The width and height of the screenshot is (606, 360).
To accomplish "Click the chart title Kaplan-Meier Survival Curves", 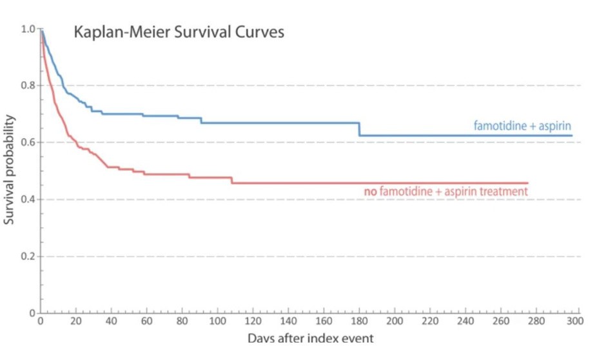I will (x=179, y=32).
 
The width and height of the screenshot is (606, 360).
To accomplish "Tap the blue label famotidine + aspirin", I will (x=523, y=126).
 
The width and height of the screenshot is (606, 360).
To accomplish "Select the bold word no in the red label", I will (x=371, y=192).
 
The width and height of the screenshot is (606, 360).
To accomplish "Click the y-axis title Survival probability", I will (x=10, y=170).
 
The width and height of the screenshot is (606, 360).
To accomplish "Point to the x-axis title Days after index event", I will (x=310, y=337).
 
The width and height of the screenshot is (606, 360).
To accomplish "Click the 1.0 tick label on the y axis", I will (x=28, y=29).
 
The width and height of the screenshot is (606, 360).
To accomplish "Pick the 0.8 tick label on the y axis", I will (x=28, y=86).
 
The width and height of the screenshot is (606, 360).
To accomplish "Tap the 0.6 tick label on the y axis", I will (x=28, y=143).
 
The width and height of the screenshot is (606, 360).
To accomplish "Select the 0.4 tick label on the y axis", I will (x=28, y=199).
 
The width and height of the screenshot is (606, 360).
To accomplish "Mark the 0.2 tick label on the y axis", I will (x=28, y=256).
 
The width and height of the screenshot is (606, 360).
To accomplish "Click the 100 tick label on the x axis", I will (x=219, y=321).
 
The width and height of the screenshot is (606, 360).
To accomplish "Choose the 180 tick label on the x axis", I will (x=360, y=321).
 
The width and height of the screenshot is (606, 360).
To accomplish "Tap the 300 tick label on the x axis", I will (x=574, y=321).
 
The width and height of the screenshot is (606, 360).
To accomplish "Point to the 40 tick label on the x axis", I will (x=112, y=321).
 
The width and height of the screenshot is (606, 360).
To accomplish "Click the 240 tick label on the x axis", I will (x=467, y=321).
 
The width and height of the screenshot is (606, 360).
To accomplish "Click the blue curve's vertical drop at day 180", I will (x=360, y=129).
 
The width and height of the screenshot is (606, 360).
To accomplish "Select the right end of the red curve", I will (x=528, y=183).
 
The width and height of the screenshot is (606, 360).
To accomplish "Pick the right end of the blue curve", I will (x=572, y=135).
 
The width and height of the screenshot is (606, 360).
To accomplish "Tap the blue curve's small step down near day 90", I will (x=201, y=120).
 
